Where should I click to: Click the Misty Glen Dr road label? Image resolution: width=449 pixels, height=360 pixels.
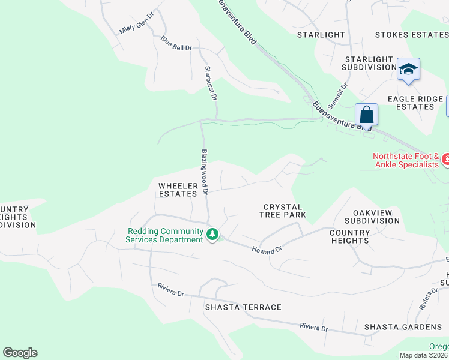[137, 22]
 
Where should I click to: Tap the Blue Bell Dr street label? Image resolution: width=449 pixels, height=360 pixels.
[176, 43]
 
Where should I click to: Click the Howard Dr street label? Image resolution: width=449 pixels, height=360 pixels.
[267, 249]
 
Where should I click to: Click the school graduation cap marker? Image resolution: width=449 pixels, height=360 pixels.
[408, 70]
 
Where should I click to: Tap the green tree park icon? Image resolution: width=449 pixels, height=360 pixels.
[212, 233]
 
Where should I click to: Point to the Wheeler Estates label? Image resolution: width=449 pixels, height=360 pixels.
[178, 190]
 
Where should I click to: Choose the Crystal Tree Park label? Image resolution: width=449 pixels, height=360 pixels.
[283, 211]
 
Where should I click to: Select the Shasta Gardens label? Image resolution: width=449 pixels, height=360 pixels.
[403, 327]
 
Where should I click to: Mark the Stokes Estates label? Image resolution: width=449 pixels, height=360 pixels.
[411, 35]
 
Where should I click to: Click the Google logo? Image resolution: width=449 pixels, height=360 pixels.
[20, 353]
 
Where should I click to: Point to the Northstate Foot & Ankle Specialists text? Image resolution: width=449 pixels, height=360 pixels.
[407, 160]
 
